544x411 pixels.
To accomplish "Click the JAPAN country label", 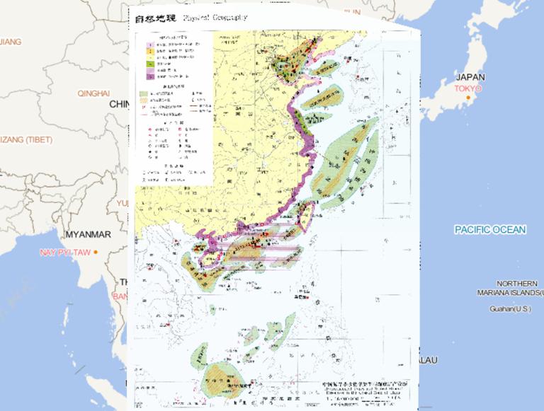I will [x=470, y=77].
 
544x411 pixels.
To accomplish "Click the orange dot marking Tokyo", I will [x=468, y=97].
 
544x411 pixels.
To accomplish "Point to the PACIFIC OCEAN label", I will [x=490, y=230].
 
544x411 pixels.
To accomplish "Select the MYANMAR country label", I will [x=88, y=235].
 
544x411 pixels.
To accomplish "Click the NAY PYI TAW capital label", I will [x=65, y=253].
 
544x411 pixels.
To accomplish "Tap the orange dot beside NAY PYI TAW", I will [x=95, y=253].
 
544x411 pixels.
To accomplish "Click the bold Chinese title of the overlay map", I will [x=155, y=18].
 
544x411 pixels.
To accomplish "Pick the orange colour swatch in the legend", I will [x=150, y=52].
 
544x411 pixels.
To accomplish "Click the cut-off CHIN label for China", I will [x=118, y=104].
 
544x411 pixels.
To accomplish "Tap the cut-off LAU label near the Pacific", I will [x=428, y=360].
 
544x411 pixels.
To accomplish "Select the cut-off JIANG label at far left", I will [x=10, y=42].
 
